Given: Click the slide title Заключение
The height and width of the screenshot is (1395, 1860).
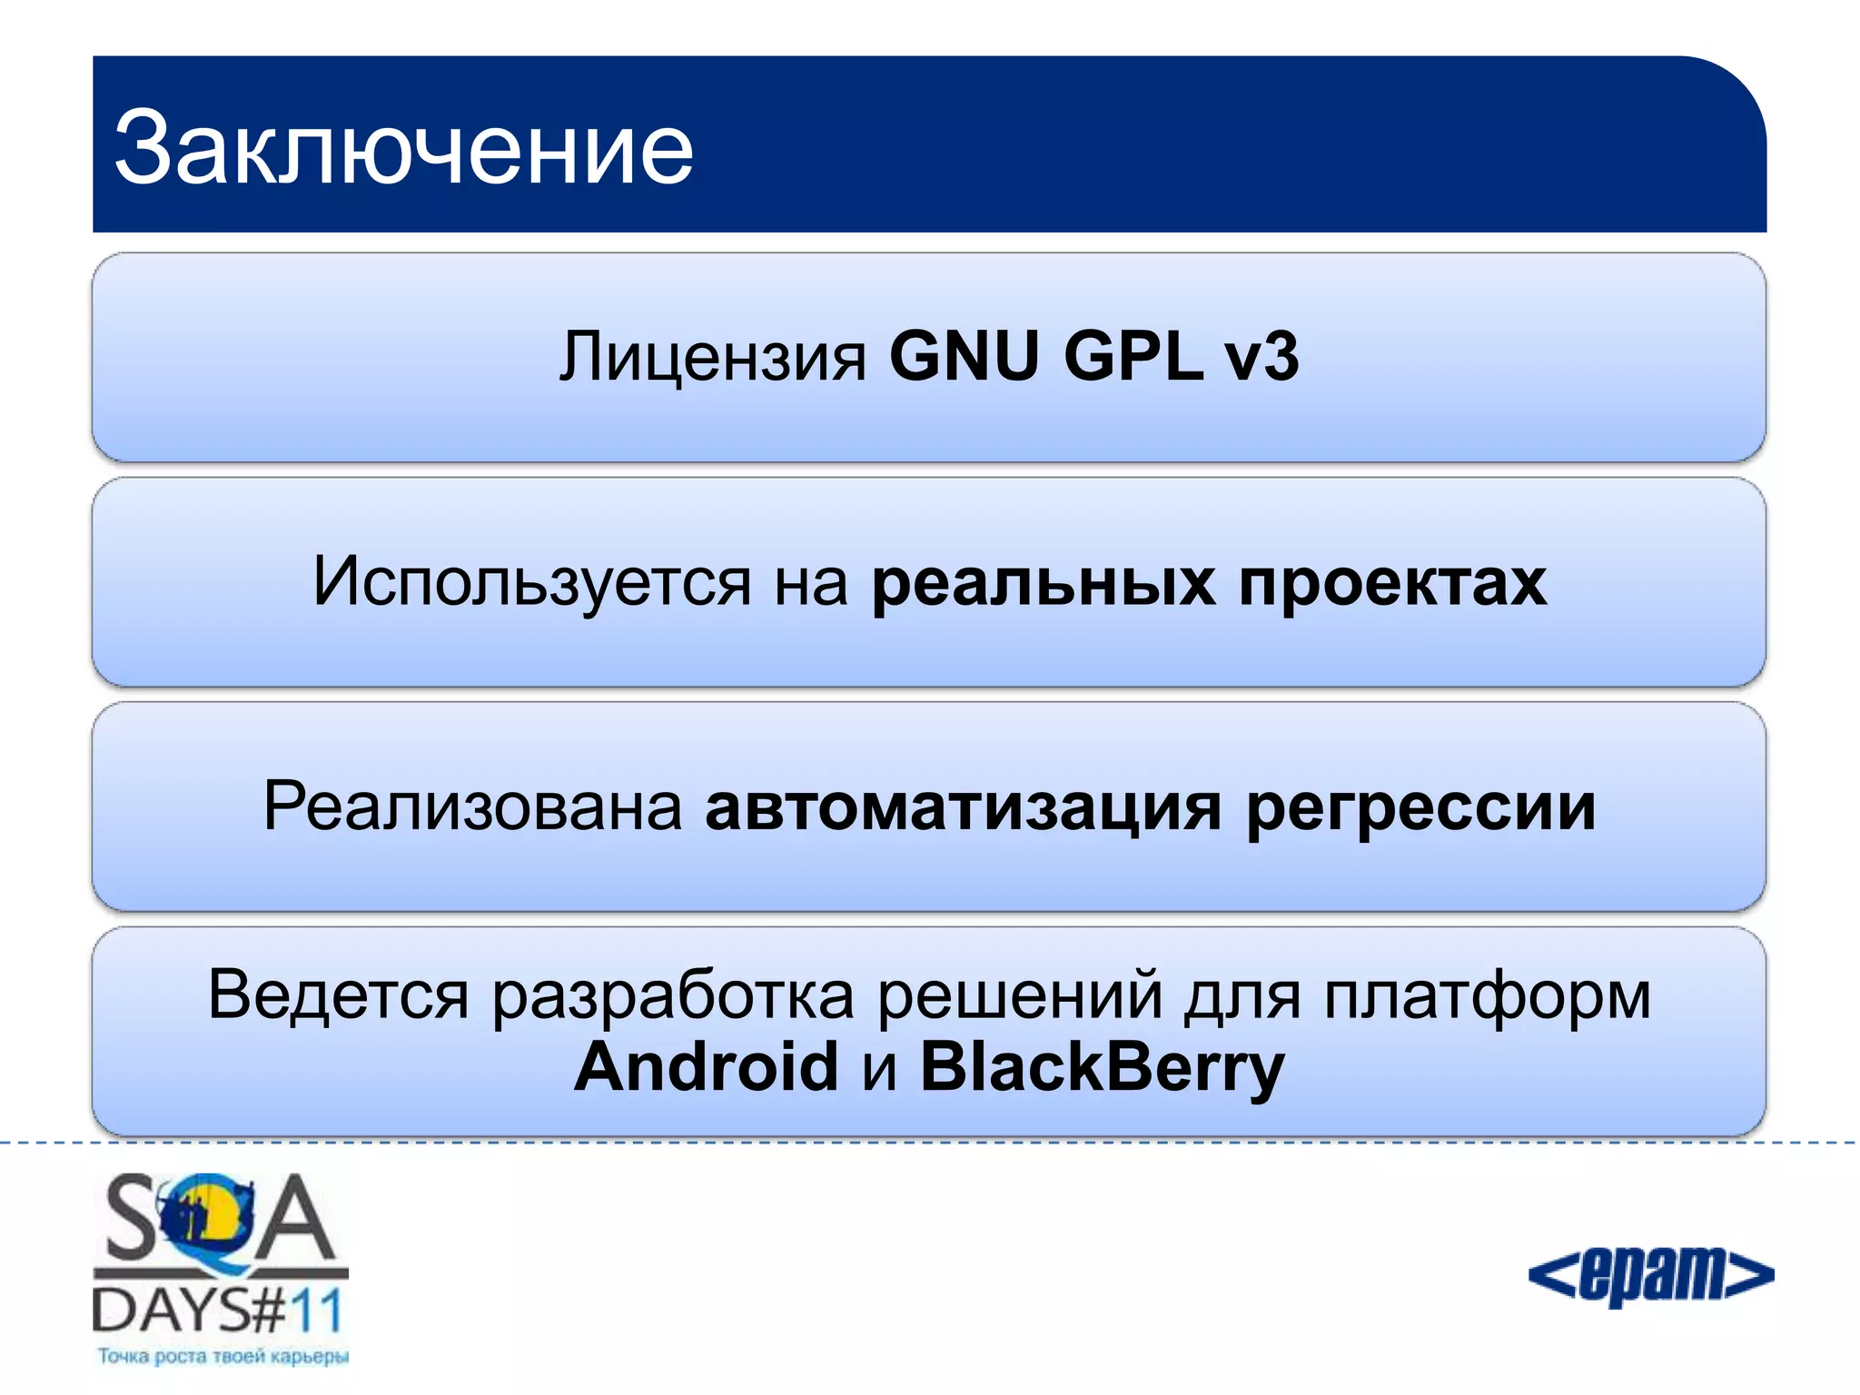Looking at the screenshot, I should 403,148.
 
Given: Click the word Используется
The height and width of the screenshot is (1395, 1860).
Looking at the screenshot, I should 532,582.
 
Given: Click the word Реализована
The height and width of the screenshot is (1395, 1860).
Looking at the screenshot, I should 472,806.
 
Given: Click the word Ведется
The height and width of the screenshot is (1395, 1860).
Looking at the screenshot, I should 338,995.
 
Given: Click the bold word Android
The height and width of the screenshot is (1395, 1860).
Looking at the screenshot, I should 706,1066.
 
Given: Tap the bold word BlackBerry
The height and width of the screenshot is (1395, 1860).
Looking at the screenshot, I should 1102,1068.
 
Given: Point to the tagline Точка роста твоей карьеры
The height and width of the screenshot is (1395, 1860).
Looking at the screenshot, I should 223,1357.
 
